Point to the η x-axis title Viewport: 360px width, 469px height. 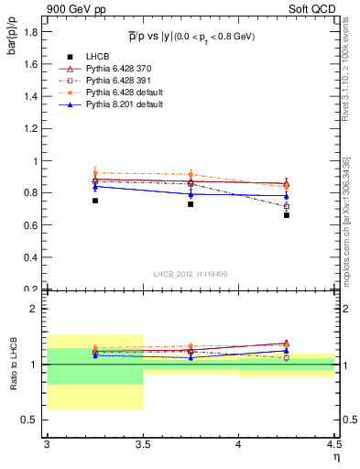[335, 457]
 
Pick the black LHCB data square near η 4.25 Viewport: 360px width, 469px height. [287, 215]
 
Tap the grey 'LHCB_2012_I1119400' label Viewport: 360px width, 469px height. [191, 274]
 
